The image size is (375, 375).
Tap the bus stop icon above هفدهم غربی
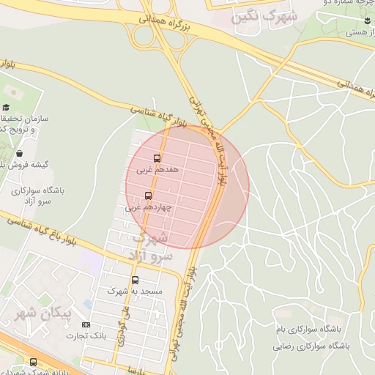coord(157,158)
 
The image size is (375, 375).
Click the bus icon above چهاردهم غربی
coord(149,196)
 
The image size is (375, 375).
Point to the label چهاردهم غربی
coord(149,207)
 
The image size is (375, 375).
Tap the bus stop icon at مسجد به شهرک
coord(135,280)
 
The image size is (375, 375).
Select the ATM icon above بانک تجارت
coord(86,324)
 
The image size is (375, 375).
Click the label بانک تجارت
coord(87,335)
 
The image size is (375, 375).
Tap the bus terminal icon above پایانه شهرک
coord(33,361)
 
